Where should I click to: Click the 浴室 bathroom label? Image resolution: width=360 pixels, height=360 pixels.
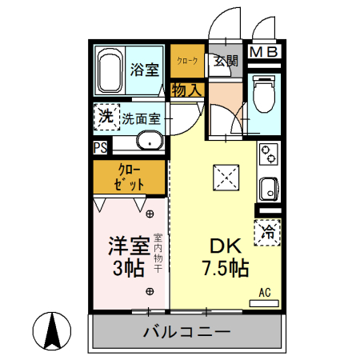pyautogui.click(x=146, y=70)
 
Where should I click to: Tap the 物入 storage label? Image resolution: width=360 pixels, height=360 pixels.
pyautogui.click(x=187, y=90)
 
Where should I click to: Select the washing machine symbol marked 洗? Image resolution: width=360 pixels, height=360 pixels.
pyautogui.click(x=106, y=118)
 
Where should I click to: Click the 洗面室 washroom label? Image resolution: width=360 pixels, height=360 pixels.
pyautogui.click(x=141, y=119)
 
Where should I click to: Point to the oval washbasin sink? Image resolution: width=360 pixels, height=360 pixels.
pyautogui.click(x=148, y=142)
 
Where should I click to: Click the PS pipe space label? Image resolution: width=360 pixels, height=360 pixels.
pyautogui.click(x=100, y=148)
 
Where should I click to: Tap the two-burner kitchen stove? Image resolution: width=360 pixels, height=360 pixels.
pyautogui.click(x=268, y=154)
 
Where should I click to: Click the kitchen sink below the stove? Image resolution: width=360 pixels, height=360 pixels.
pyautogui.click(x=268, y=190)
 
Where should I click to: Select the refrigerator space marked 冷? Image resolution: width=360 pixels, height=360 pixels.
pyautogui.click(x=269, y=233)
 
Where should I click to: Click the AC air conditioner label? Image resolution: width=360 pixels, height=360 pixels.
pyautogui.click(x=265, y=293)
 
